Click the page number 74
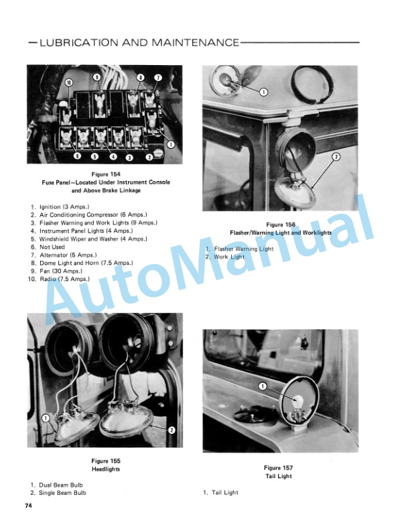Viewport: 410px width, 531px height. point(28,506)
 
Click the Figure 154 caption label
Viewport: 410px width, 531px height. point(106,174)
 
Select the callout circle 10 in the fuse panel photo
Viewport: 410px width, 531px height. point(69,82)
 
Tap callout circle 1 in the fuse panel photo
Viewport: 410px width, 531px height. point(172,144)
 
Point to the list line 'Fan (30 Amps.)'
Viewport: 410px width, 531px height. point(61,271)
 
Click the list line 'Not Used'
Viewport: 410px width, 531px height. point(52,247)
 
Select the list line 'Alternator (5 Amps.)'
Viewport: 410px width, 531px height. point(68,255)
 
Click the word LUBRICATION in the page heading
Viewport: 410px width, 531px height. point(79,43)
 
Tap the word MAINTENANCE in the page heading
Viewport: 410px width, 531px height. point(196,43)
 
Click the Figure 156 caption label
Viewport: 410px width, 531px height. point(281,225)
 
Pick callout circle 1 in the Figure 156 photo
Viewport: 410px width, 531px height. point(263,92)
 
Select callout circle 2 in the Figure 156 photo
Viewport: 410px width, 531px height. point(336,156)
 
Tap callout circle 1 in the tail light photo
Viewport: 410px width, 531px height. point(263,386)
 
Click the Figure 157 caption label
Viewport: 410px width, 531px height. point(279,468)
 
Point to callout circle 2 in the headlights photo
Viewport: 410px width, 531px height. point(172,430)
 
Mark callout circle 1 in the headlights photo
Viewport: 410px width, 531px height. point(46,418)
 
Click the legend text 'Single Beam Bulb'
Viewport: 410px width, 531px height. point(62,493)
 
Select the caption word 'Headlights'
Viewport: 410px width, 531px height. point(106,469)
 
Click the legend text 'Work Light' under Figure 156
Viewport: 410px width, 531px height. point(229,257)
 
